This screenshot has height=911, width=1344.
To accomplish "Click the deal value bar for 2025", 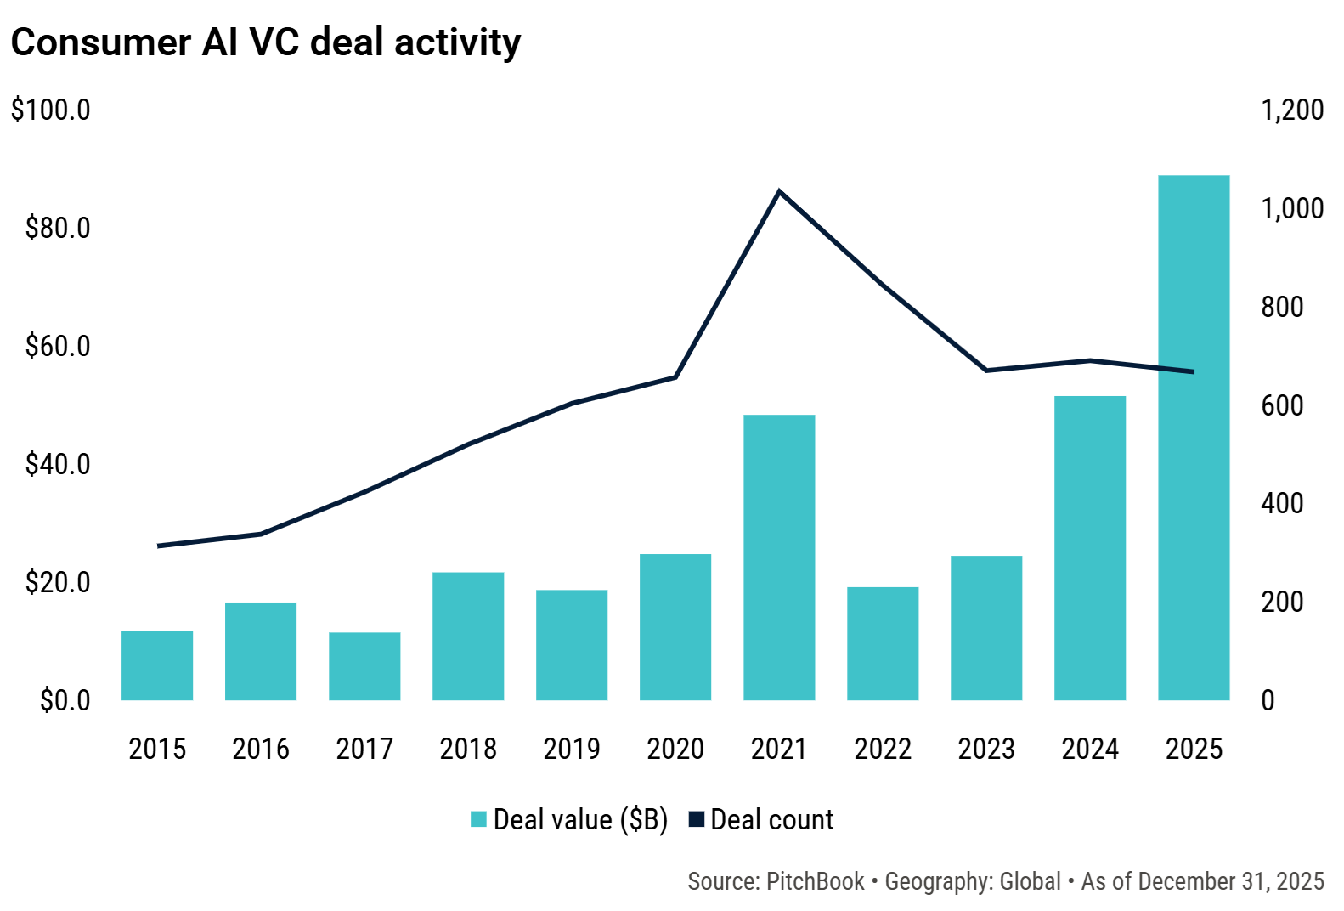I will click(1194, 438).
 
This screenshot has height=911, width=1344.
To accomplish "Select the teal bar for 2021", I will click(779, 557).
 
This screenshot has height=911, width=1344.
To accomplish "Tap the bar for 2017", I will click(364, 666).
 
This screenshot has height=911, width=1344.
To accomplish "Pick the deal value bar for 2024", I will click(1090, 548).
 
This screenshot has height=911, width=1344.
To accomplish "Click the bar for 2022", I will click(883, 643).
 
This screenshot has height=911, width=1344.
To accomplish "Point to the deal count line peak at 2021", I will click(779, 191).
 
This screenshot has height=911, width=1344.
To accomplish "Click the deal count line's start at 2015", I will click(159, 546).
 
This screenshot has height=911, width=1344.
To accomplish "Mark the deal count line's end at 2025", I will click(1193, 371).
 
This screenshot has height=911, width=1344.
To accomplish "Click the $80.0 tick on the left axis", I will click(58, 228).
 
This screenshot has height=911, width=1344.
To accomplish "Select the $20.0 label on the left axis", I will click(58, 582).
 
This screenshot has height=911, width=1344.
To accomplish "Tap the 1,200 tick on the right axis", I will click(1292, 110).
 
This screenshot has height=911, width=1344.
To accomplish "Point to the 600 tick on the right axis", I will click(1282, 405).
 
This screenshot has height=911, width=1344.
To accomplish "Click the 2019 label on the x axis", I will click(572, 749).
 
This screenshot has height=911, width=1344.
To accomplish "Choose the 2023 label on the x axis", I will click(986, 749).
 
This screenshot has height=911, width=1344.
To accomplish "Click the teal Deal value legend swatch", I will click(478, 819).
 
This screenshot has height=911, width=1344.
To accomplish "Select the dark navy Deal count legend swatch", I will click(697, 819).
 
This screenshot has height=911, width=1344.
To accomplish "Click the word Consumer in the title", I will click(100, 42).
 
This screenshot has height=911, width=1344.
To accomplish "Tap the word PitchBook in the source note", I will click(815, 881).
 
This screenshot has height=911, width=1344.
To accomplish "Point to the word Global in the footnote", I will click(1030, 881).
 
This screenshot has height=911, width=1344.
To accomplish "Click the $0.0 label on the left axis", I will click(65, 700).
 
